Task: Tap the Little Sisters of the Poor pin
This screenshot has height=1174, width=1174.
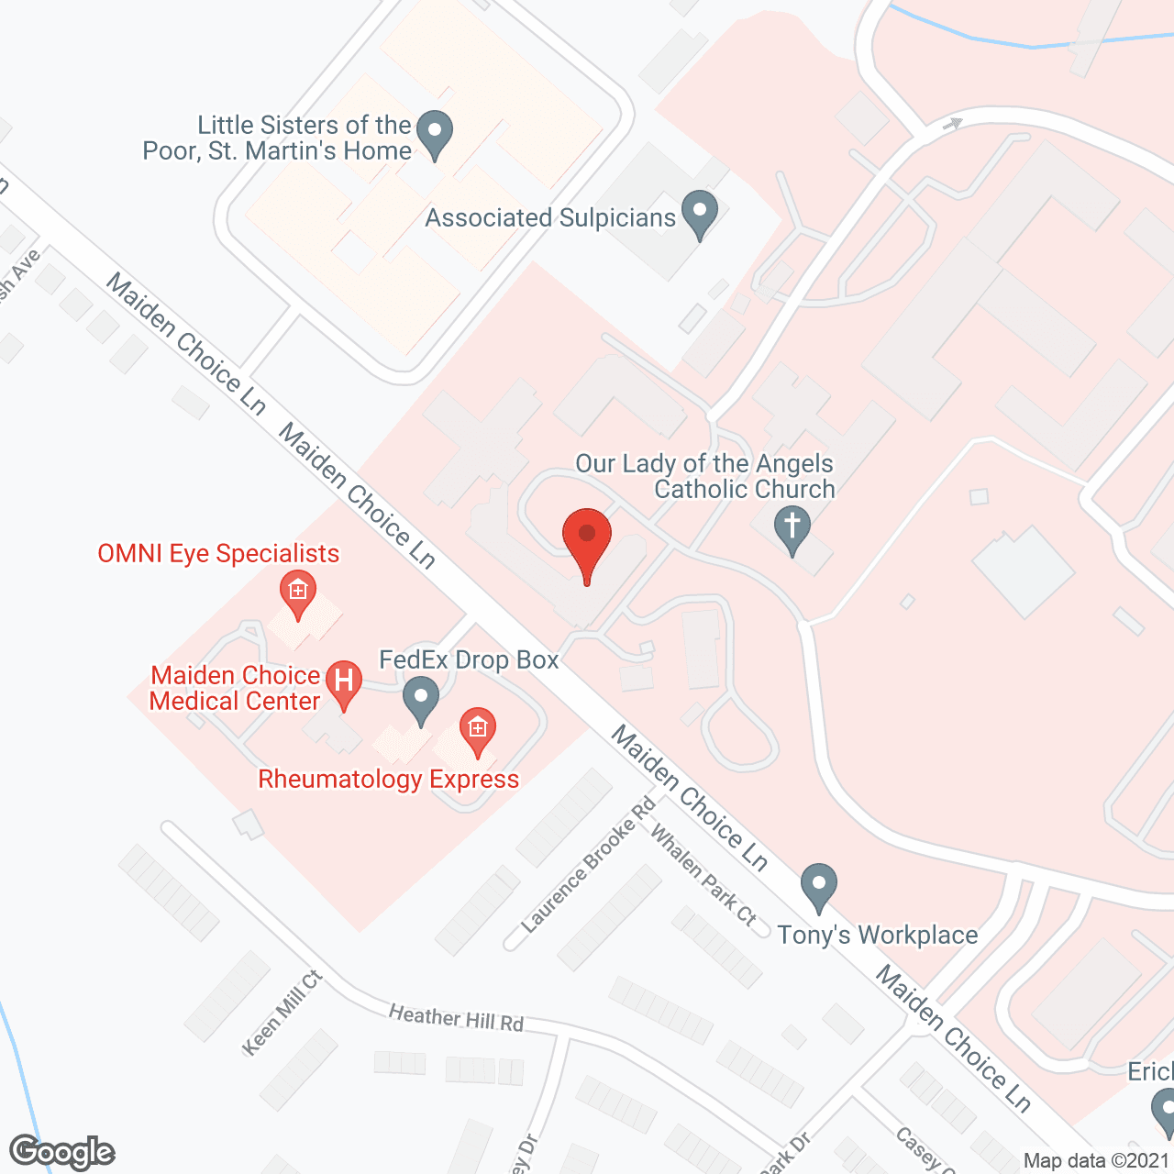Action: point(435,133)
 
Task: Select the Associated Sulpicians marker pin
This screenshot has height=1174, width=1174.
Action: point(700,213)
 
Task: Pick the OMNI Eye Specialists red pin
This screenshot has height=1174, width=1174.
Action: point(297,593)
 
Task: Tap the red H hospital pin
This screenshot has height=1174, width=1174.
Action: point(344,683)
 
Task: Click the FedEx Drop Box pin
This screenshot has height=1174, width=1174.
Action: point(421,699)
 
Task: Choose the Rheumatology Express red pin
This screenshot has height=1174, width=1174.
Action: point(477,731)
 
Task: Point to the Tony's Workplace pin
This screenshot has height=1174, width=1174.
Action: point(818,887)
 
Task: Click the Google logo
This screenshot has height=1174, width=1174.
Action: point(62,1152)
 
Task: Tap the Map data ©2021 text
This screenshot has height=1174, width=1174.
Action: point(1097,1161)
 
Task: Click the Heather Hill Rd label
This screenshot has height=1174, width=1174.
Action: point(456,1018)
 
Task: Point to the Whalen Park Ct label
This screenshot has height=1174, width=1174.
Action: point(703,874)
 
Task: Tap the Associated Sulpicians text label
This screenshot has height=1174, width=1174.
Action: point(550,218)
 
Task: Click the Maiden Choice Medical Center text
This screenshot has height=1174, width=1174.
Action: point(235,689)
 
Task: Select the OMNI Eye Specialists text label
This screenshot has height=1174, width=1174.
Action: point(218,554)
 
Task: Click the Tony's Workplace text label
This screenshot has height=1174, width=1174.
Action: point(878,936)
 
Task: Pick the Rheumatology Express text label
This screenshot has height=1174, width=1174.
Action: point(389,780)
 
